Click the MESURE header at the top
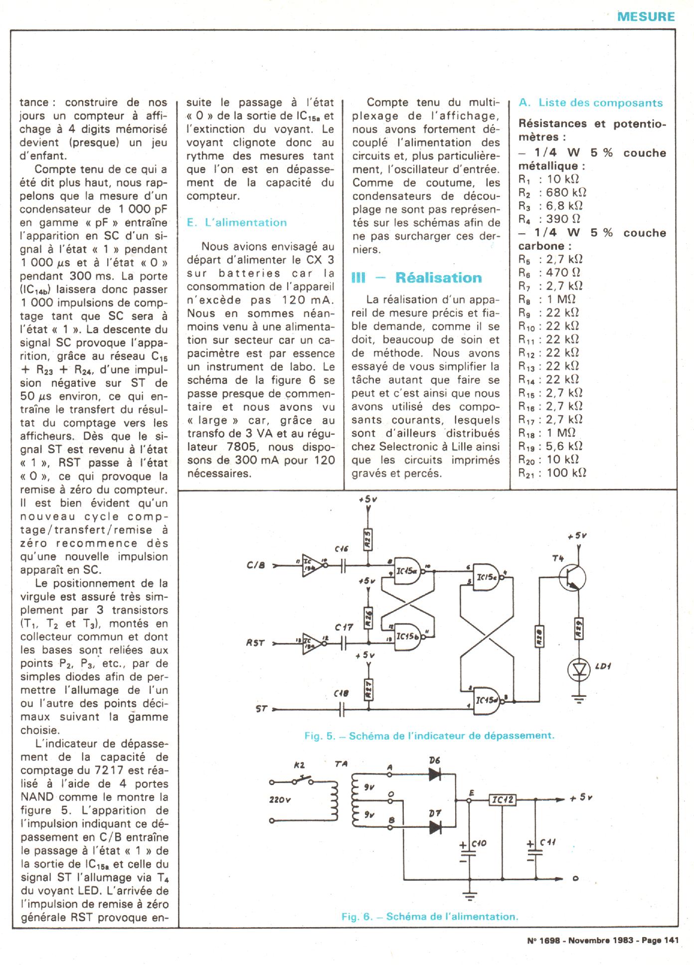646,16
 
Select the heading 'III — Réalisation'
417,278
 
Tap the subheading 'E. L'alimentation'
237,223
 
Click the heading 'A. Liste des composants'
591,103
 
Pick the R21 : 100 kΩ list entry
552,473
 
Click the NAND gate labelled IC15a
408,571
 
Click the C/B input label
256,565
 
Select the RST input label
255,643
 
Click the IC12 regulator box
502,800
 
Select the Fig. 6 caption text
430,916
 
